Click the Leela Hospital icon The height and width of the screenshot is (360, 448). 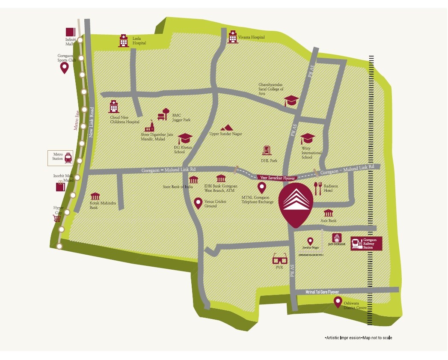[x=123, y=41]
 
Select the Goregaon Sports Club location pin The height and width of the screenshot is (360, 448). [x=64, y=68]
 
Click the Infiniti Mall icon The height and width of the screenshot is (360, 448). [x=70, y=32]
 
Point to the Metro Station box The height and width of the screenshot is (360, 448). [x=60, y=158]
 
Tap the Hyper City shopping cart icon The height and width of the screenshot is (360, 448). [x=56, y=218]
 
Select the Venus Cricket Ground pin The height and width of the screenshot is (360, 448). [x=198, y=203]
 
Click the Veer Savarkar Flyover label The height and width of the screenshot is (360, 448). [x=277, y=177]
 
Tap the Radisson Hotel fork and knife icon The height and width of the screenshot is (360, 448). [x=317, y=188]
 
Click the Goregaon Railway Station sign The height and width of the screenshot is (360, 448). [x=366, y=244]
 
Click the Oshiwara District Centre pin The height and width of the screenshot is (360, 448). [x=337, y=302]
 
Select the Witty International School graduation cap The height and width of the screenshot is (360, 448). [x=307, y=139]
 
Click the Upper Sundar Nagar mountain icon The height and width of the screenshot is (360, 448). [x=226, y=128]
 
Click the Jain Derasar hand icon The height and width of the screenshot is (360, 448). [x=336, y=238]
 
